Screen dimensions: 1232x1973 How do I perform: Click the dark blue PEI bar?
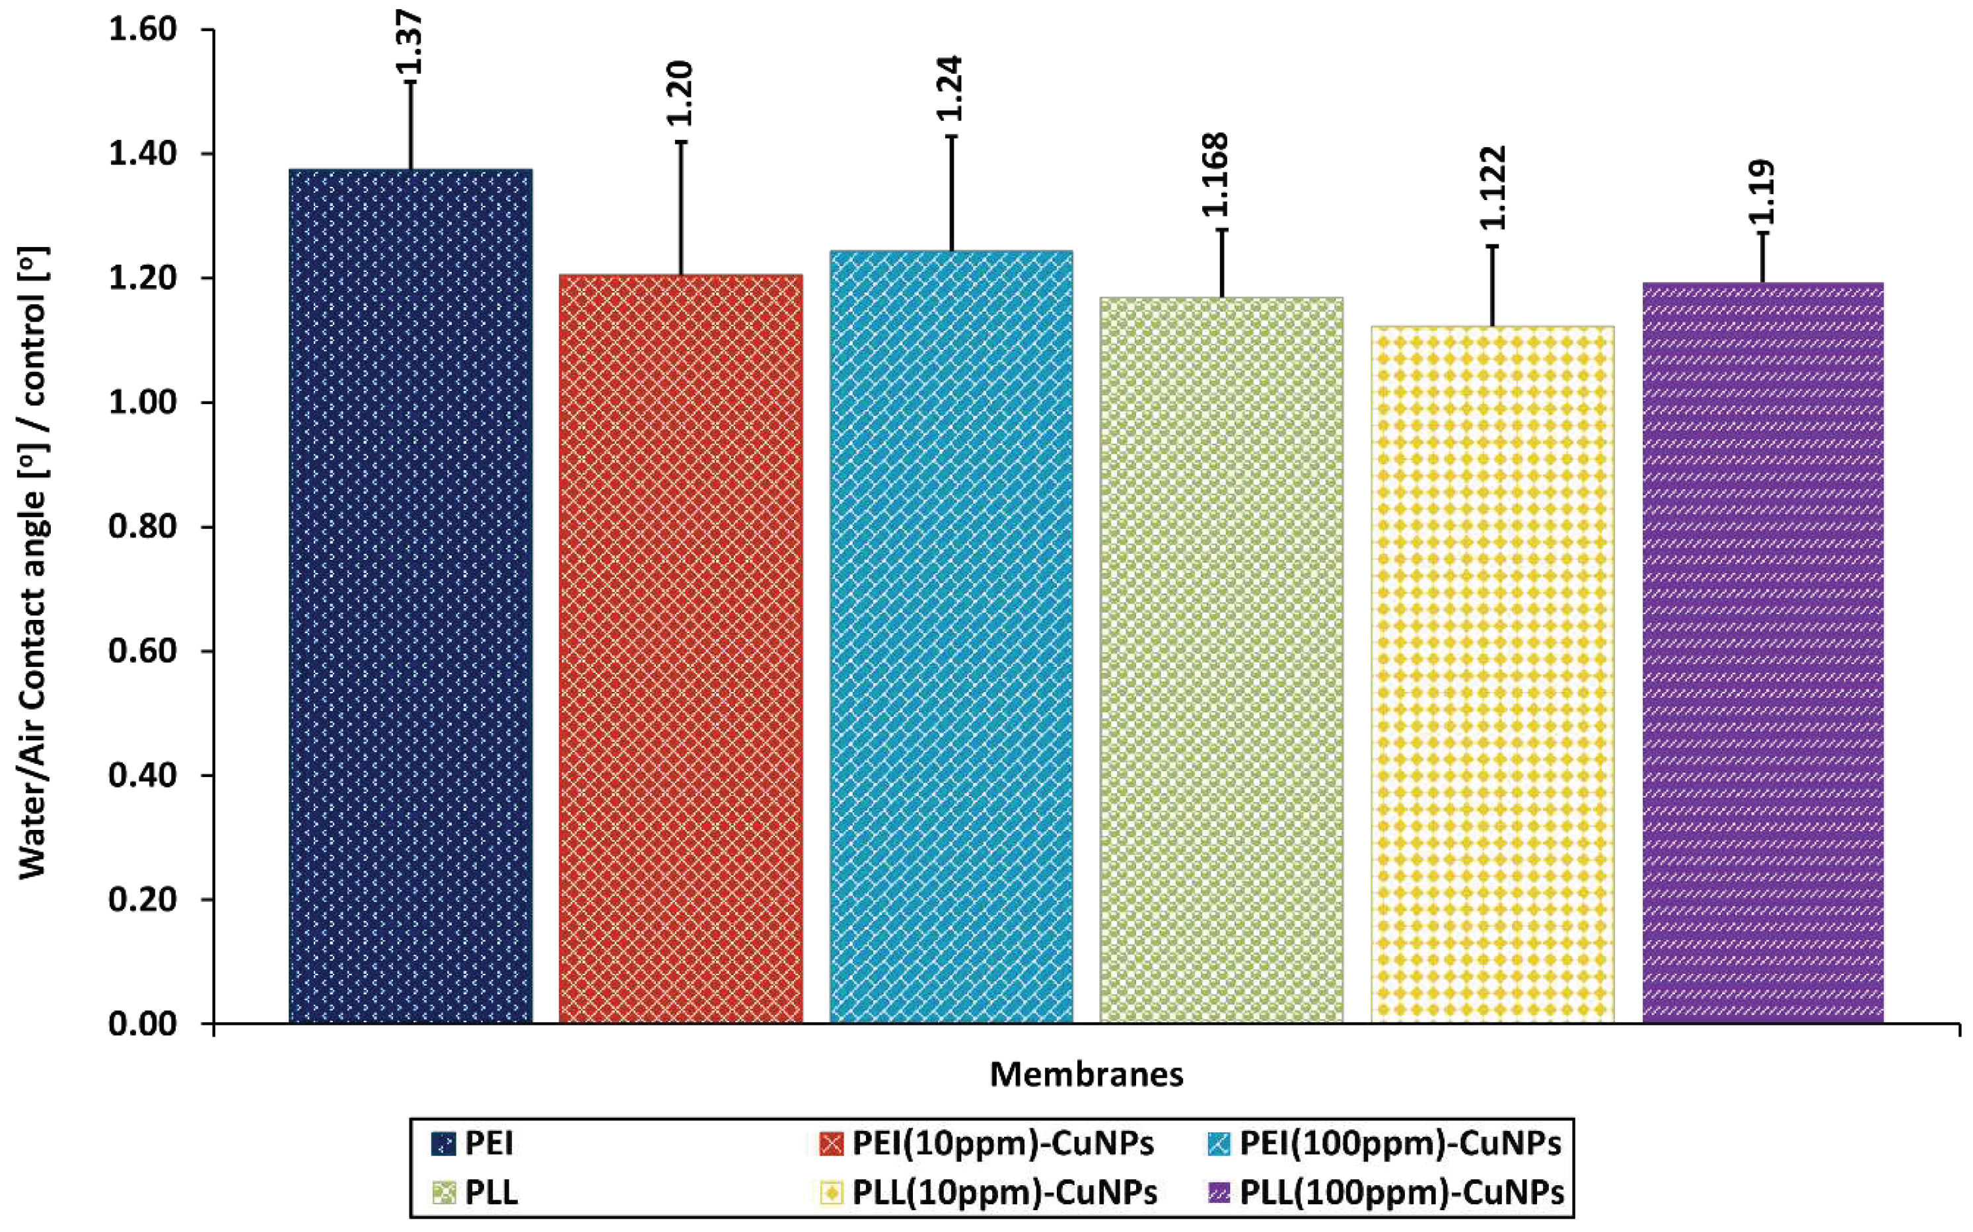tap(410, 595)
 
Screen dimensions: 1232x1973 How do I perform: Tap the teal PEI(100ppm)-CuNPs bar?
tap(951, 636)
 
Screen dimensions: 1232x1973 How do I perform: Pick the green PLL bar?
tap(1221, 660)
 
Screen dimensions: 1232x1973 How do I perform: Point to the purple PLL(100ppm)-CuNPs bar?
tap(1763, 652)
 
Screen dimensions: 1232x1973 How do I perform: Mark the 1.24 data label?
tap(951, 88)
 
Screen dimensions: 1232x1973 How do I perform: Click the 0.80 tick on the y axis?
tap(143, 527)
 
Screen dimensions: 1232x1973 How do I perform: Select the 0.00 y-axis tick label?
tap(143, 1024)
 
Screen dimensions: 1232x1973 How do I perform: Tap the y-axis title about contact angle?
tap(34, 563)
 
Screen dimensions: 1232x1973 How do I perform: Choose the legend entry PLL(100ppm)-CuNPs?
tap(1401, 1194)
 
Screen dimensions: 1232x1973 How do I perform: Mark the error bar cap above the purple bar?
tap(1763, 233)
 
